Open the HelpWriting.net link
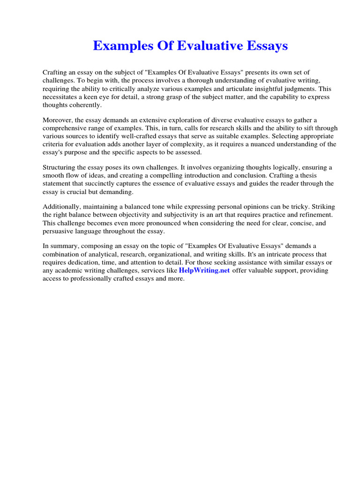(204, 271)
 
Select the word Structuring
(60, 167)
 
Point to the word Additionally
(61, 207)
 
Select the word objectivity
(148, 215)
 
